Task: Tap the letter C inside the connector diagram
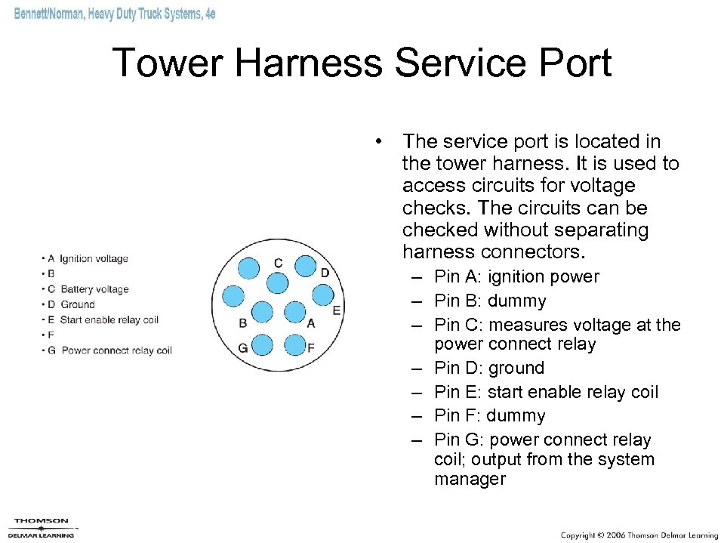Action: point(279,263)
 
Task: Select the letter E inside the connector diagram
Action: point(337,310)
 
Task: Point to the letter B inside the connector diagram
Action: point(242,323)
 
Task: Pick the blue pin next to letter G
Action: point(262,346)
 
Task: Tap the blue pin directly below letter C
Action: point(278,282)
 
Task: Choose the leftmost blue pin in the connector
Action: point(233,296)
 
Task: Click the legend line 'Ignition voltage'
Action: point(94,259)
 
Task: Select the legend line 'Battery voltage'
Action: point(94,289)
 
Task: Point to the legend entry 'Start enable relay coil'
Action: point(109,319)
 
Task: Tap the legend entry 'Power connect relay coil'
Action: point(116,350)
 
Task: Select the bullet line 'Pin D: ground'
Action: point(488,369)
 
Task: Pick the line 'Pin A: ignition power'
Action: point(516,277)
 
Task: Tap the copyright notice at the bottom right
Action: point(639,535)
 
